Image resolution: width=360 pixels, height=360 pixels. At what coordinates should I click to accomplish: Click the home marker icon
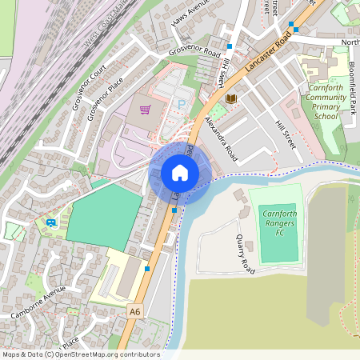pos(180,173)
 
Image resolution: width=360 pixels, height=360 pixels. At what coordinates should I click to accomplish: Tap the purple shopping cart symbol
pos(145,110)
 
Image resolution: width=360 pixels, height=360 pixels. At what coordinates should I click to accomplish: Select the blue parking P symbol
pos(181,105)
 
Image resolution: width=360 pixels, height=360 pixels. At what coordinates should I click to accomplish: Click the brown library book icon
pos(231,98)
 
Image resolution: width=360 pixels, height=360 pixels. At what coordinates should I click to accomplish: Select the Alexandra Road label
pos(221,135)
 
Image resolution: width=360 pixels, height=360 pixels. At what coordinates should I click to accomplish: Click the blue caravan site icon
pos(51,222)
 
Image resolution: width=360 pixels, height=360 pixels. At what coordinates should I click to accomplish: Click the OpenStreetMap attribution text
pos(81,354)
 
